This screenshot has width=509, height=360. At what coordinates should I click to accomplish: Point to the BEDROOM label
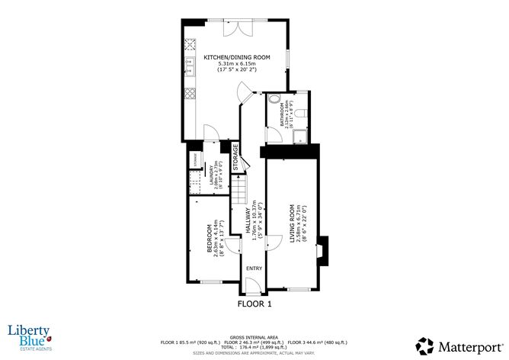point(210,242)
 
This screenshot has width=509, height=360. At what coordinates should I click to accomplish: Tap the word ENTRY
point(254,268)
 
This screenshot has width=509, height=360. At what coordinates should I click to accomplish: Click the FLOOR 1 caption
point(254,303)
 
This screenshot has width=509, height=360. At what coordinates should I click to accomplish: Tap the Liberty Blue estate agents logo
point(29,335)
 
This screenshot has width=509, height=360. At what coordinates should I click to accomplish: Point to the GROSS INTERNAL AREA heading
point(254,336)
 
